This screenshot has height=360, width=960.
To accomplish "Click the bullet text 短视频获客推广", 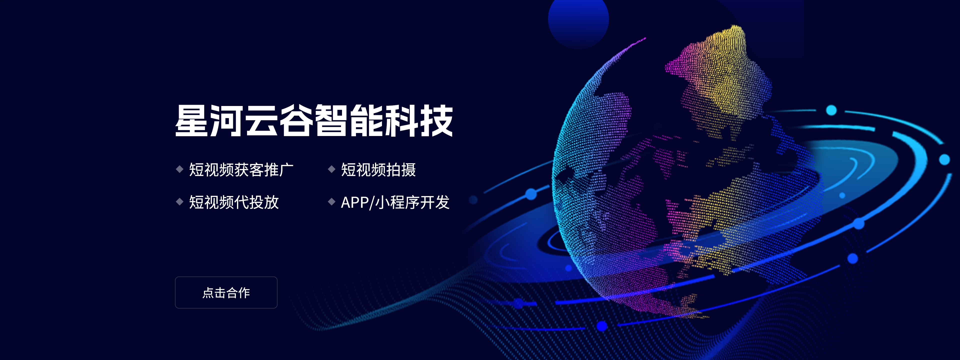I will click(x=241, y=169).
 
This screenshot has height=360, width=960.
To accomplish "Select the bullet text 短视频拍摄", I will click(x=378, y=169).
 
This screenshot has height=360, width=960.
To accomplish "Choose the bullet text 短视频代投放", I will click(x=234, y=202).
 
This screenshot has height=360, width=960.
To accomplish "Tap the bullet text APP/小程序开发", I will click(x=395, y=202).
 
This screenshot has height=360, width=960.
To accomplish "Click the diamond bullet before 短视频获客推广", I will click(x=180, y=169).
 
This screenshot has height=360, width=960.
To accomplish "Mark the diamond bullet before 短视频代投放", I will click(x=180, y=202).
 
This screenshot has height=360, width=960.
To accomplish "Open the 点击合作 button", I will click(x=226, y=292).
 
